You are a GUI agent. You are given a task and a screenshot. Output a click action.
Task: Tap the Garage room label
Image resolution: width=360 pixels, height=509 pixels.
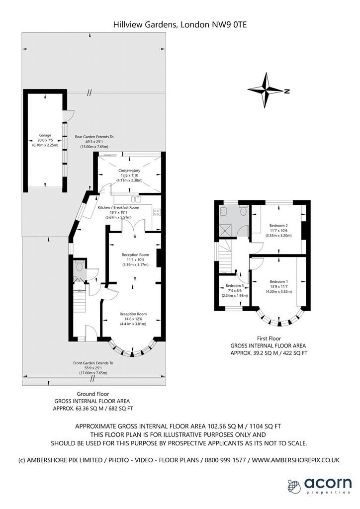45,135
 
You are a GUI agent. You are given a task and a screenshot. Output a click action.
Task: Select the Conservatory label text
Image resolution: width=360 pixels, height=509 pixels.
129,170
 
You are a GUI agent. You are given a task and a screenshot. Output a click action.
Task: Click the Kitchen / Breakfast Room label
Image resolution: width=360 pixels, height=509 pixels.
118,207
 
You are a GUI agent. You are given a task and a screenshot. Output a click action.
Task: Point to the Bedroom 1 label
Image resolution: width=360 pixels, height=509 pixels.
278,282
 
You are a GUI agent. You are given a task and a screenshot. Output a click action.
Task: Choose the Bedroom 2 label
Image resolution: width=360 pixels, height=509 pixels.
278,226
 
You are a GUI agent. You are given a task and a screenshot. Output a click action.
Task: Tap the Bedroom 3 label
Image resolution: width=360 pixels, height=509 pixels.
234,286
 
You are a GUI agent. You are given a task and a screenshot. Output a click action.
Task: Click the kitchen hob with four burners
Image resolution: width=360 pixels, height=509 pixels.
157,213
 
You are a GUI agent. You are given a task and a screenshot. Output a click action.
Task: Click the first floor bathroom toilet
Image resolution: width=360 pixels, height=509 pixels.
243,211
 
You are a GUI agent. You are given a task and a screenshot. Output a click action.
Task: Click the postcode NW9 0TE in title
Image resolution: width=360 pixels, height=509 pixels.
229,24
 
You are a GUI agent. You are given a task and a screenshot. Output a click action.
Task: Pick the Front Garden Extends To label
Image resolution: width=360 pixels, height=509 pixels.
93,363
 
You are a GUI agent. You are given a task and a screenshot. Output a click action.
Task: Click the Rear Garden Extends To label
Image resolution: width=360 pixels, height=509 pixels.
94,137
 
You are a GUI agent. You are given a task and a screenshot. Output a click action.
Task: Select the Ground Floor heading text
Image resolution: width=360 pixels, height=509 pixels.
93,394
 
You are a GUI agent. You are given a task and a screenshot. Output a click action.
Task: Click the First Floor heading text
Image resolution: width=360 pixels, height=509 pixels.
269,339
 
